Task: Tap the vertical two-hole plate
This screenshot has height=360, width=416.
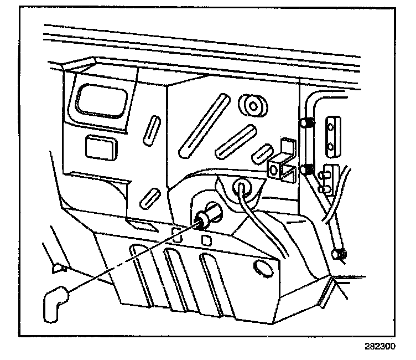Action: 333,135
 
